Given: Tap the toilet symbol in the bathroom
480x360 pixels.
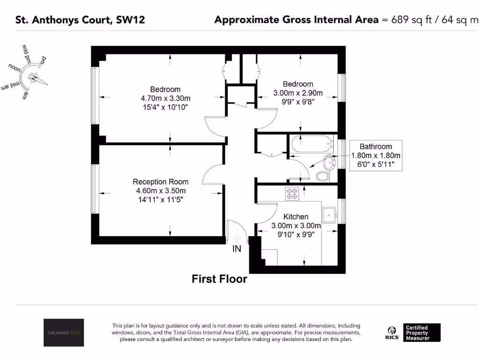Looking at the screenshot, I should point(322,176).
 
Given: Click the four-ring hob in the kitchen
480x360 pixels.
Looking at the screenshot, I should point(292,193).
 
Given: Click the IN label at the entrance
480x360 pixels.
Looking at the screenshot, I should point(237,249).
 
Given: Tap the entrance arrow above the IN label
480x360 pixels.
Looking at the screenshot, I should point(237,238).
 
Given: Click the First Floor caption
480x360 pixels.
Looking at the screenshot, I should point(219,279).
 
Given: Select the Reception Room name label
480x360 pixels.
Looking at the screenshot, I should point(161,182).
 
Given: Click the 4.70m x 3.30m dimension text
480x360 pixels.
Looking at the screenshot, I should point(165,98).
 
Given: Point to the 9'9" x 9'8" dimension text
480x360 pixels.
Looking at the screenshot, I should point(293,101).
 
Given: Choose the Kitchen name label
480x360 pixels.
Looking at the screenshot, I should point(296,217).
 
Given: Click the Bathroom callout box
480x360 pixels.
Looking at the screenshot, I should point(375,155).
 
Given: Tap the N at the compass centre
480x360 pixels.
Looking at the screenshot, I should point(34,78).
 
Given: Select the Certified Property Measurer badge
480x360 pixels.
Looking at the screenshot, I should point(421,333).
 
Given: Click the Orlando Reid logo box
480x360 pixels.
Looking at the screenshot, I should point(64,333).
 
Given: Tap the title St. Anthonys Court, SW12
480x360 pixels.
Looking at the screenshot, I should point(80,20).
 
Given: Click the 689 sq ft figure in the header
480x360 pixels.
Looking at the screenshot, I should point(408,20).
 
